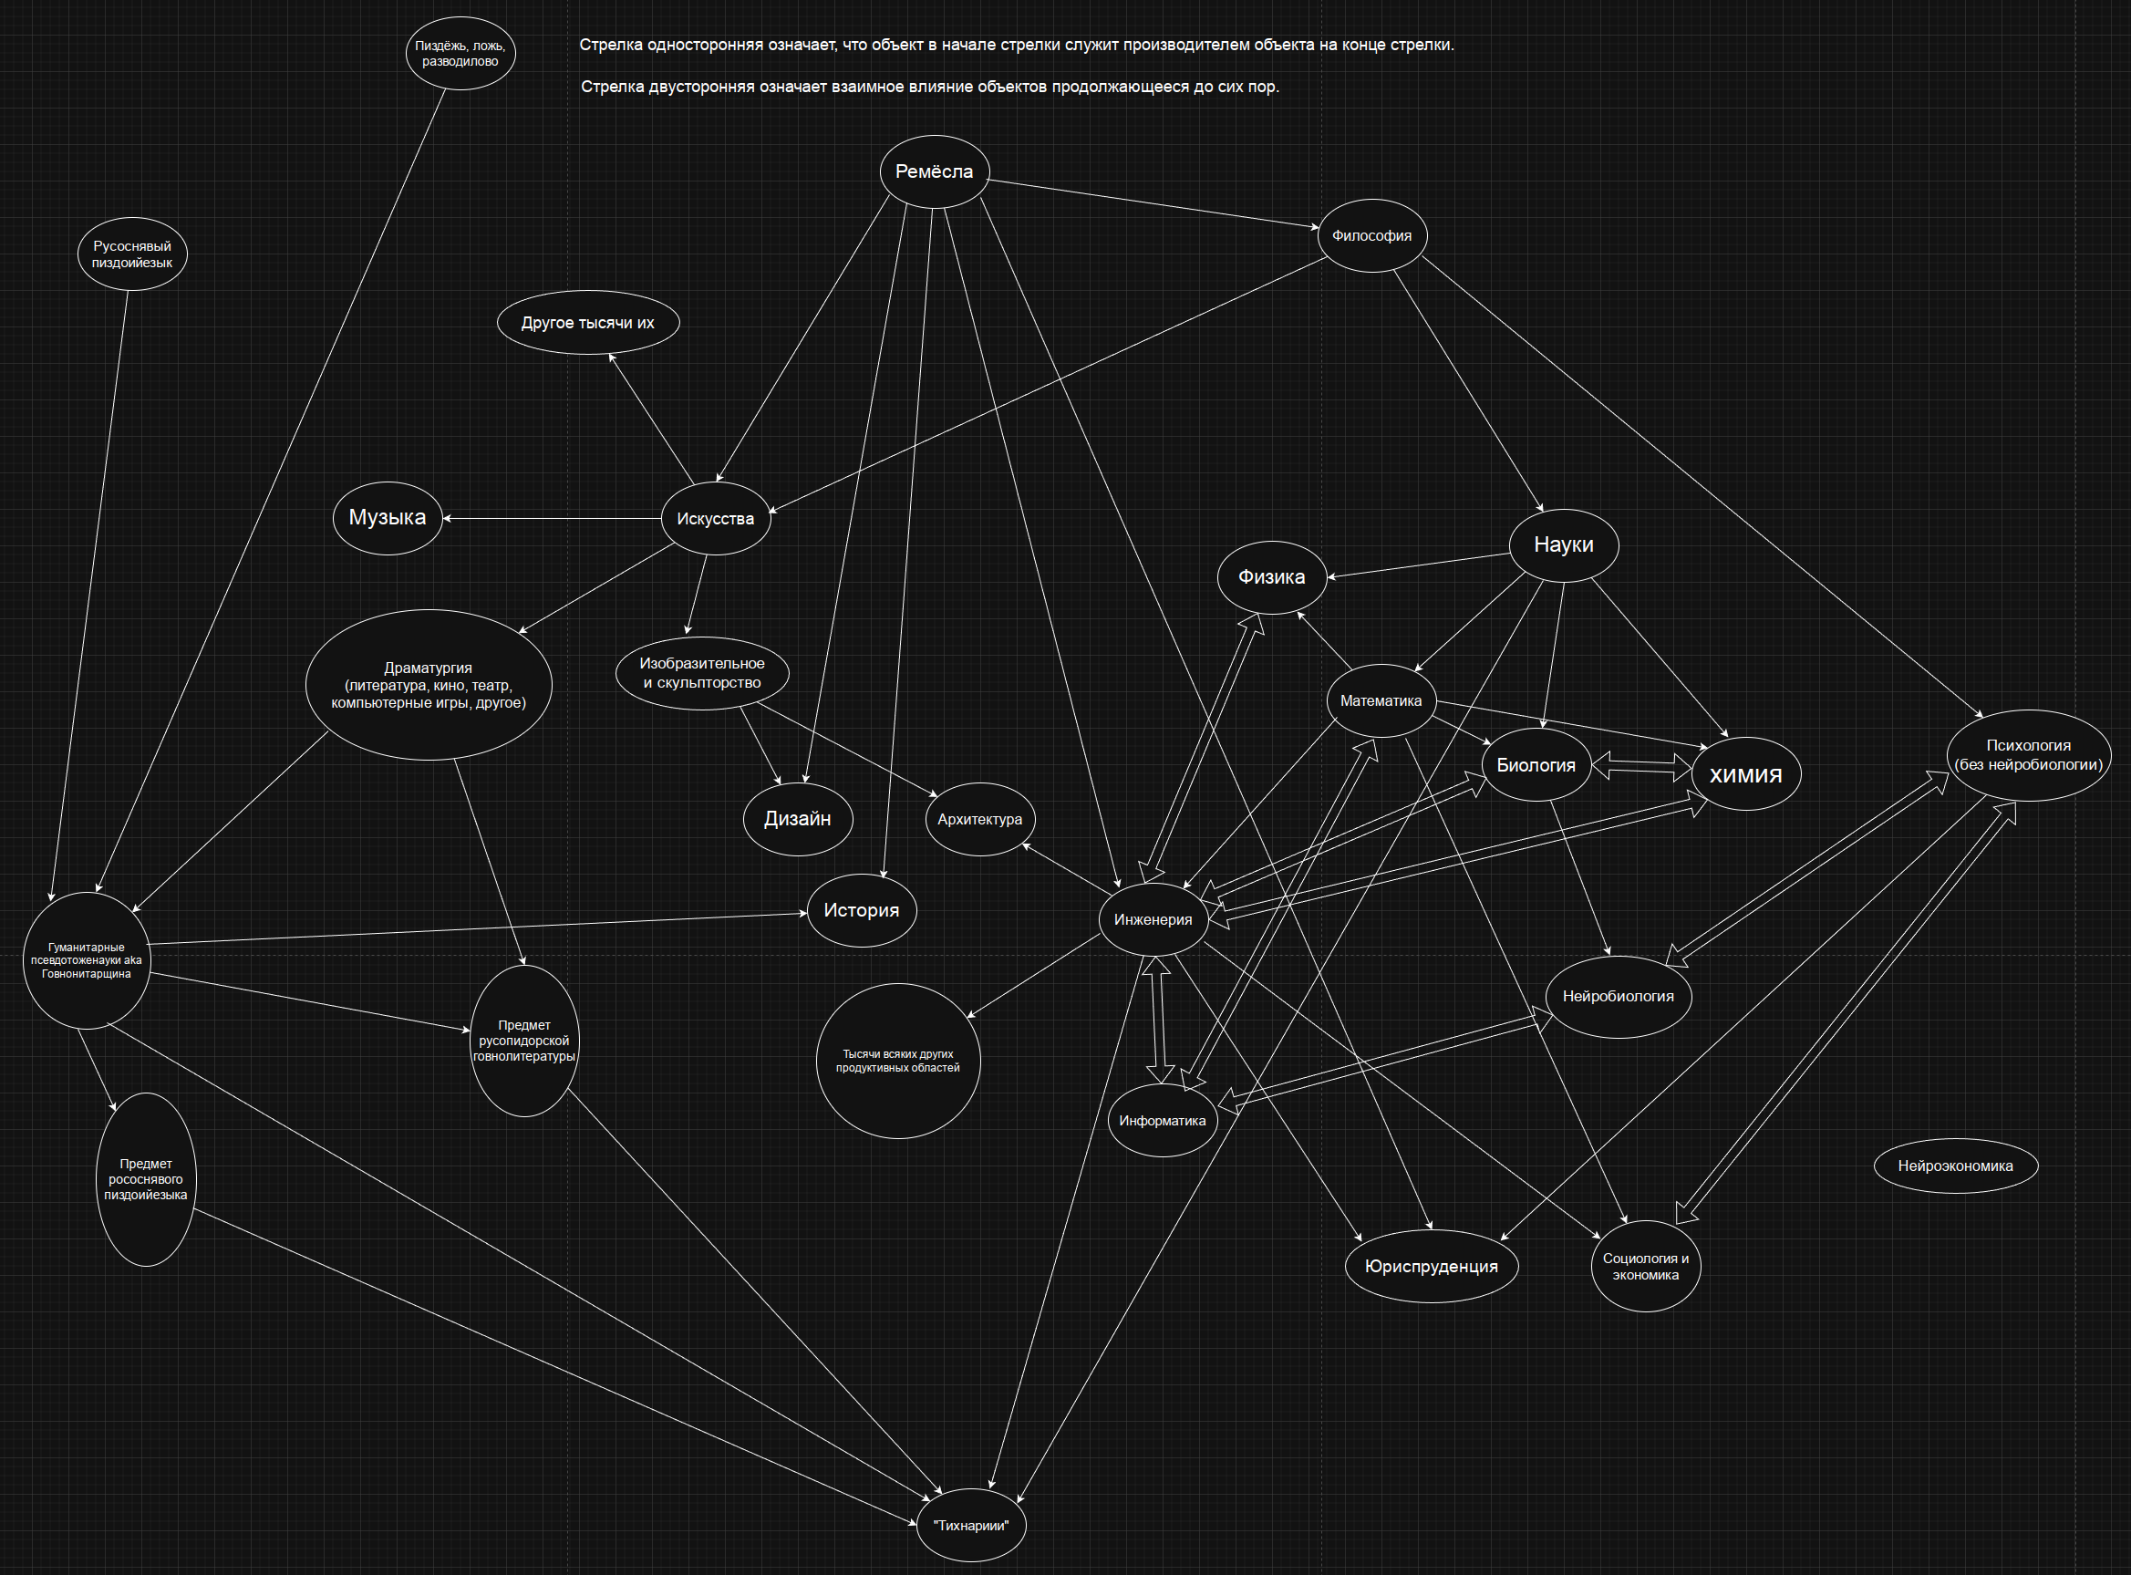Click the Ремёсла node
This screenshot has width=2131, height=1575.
coord(934,171)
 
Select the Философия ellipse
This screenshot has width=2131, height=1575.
coord(1371,235)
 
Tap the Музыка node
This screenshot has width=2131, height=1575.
coord(387,518)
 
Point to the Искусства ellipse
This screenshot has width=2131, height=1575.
coord(715,519)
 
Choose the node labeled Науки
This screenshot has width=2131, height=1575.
coord(1563,544)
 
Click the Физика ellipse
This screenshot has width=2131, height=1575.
coord(1271,576)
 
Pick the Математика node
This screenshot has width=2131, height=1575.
coord(1380,700)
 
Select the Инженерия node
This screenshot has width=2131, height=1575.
coord(1153,919)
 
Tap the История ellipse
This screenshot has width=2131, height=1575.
coord(861,910)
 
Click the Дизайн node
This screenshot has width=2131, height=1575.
coord(797,819)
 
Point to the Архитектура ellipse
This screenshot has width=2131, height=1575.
coord(978,819)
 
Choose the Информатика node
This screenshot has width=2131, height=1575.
coord(1162,1120)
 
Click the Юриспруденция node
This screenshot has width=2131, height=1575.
coord(1431,1266)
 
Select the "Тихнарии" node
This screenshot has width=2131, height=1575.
coord(970,1526)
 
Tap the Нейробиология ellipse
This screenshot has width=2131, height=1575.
coord(1618,996)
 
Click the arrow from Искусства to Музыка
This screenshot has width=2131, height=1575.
coord(553,519)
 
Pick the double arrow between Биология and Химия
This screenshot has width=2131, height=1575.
coord(1641,765)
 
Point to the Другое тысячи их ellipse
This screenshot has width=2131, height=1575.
coord(588,322)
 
